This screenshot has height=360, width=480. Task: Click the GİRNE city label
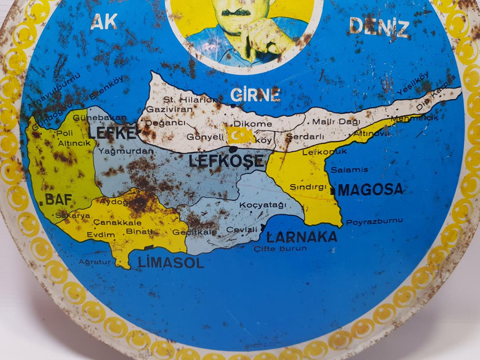255,95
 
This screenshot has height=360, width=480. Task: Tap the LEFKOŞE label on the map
226,161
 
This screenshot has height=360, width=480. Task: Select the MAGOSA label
371,189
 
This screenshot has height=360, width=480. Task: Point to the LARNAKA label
302,236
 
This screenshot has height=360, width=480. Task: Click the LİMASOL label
171,262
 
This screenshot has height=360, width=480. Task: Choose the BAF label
58,200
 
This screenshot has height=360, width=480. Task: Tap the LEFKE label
112,133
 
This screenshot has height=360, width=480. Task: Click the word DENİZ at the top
379,27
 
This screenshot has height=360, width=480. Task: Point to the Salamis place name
349,170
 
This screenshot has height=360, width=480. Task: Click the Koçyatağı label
263,205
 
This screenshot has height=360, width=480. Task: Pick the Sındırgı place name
308,187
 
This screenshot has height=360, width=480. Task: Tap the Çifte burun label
280,249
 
